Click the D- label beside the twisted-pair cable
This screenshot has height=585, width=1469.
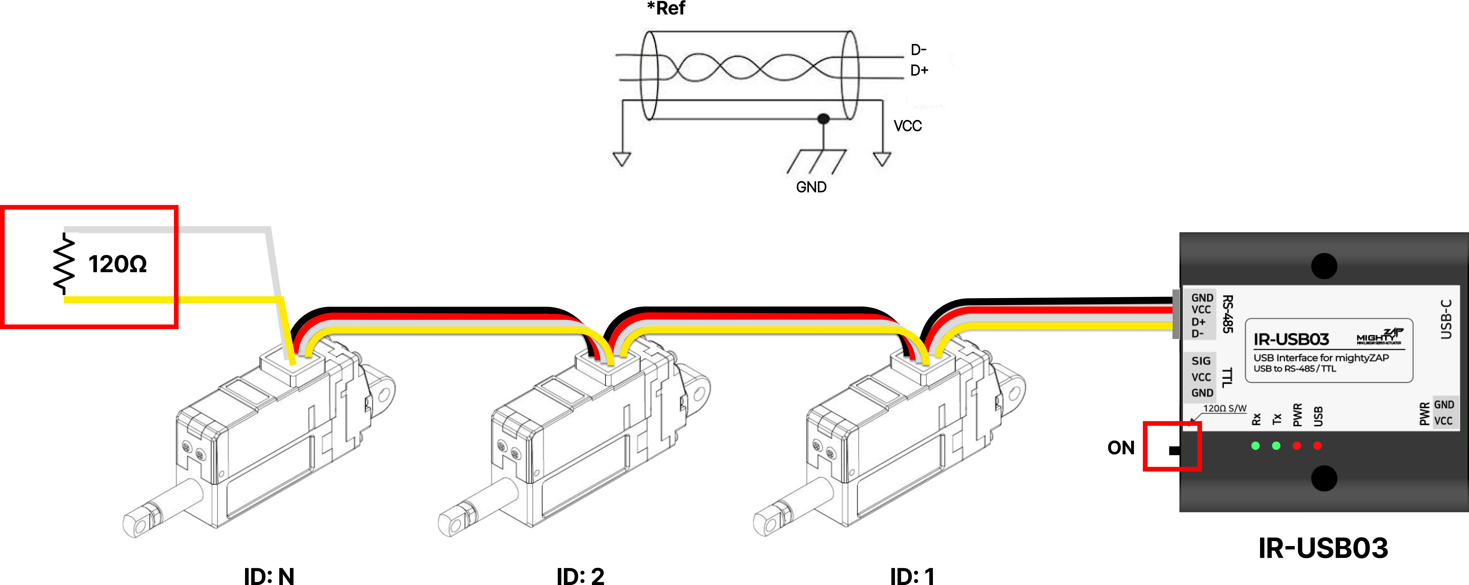pos(918,50)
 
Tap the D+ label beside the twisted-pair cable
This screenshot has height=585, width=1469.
pos(919,70)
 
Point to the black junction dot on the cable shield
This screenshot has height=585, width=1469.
pos(823,119)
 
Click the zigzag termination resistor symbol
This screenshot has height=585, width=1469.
pos(64,264)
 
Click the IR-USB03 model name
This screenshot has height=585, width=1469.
pos(1291,340)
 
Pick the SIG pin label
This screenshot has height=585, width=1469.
pos(1201,361)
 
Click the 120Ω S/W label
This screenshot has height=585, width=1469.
pos(1224,408)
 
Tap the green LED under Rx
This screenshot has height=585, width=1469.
pos(1255,446)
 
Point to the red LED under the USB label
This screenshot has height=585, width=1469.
pos(1317,446)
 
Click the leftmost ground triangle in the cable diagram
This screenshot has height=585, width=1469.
pos(622,158)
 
